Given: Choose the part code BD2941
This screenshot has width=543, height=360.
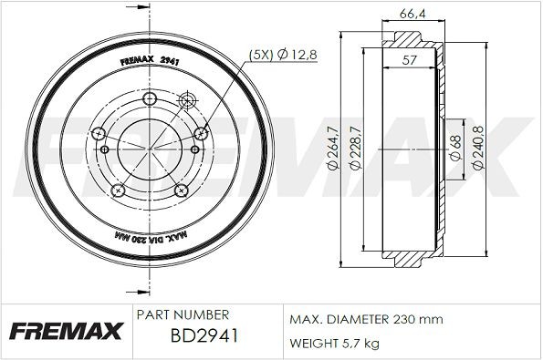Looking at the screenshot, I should point(204,336).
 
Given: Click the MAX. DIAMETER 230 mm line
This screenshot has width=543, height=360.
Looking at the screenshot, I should point(365,319).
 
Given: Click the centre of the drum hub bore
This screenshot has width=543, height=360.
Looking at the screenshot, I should point(150,148).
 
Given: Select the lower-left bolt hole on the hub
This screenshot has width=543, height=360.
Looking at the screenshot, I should point(118,190).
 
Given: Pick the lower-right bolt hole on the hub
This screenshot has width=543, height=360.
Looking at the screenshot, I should point(181,190).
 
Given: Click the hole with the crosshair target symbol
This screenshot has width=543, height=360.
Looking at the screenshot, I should point(189,100).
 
